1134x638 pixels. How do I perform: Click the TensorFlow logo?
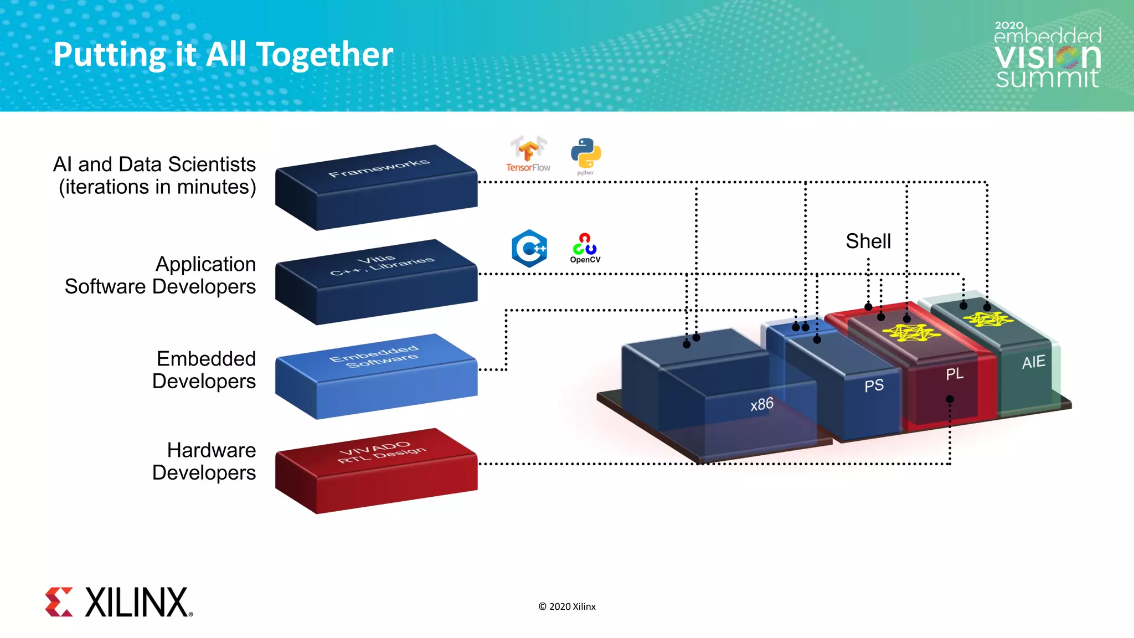pyautogui.click(x=528, y=154)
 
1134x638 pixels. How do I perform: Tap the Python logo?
pyautogui.click(x=585, y=155)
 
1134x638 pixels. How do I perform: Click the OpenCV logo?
pyautogui.click(x=585, y=248)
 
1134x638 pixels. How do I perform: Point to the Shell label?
pyautogui.click(x=868, y=241)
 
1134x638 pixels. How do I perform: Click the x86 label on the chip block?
pyautogui.click(x=762, y=404)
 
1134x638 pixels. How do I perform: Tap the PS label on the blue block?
pyautogui.click(x=874, y=385)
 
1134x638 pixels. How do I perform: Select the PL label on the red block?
pyautogui.click(x=955, y=374)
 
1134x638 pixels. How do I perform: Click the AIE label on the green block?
pyautogui.click(x=1033, y=362)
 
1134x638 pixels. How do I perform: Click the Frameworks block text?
pyautogui.click(x=379, y=168)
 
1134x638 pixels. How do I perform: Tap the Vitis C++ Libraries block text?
pyautogui.click(x=382, y=265)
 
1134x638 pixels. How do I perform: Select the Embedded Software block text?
pyautogui.click(x=375, y=356)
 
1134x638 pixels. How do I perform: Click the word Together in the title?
pyautogui.click(x=324, y=55)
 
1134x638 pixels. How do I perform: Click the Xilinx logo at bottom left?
pyautogui.click(x=118, y=602)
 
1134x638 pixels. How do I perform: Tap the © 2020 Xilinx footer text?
pyautogui.click(x=567, y=606)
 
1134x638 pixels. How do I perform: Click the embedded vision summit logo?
pyautogui.click(x=1047, y=55)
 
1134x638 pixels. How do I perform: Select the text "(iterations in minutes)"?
pyautogui.click(x=157, y=187)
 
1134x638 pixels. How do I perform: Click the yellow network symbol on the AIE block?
pyautogui.click(x=988, y=320)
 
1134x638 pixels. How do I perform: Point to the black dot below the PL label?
pyautogui.click(x=950, y=399)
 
